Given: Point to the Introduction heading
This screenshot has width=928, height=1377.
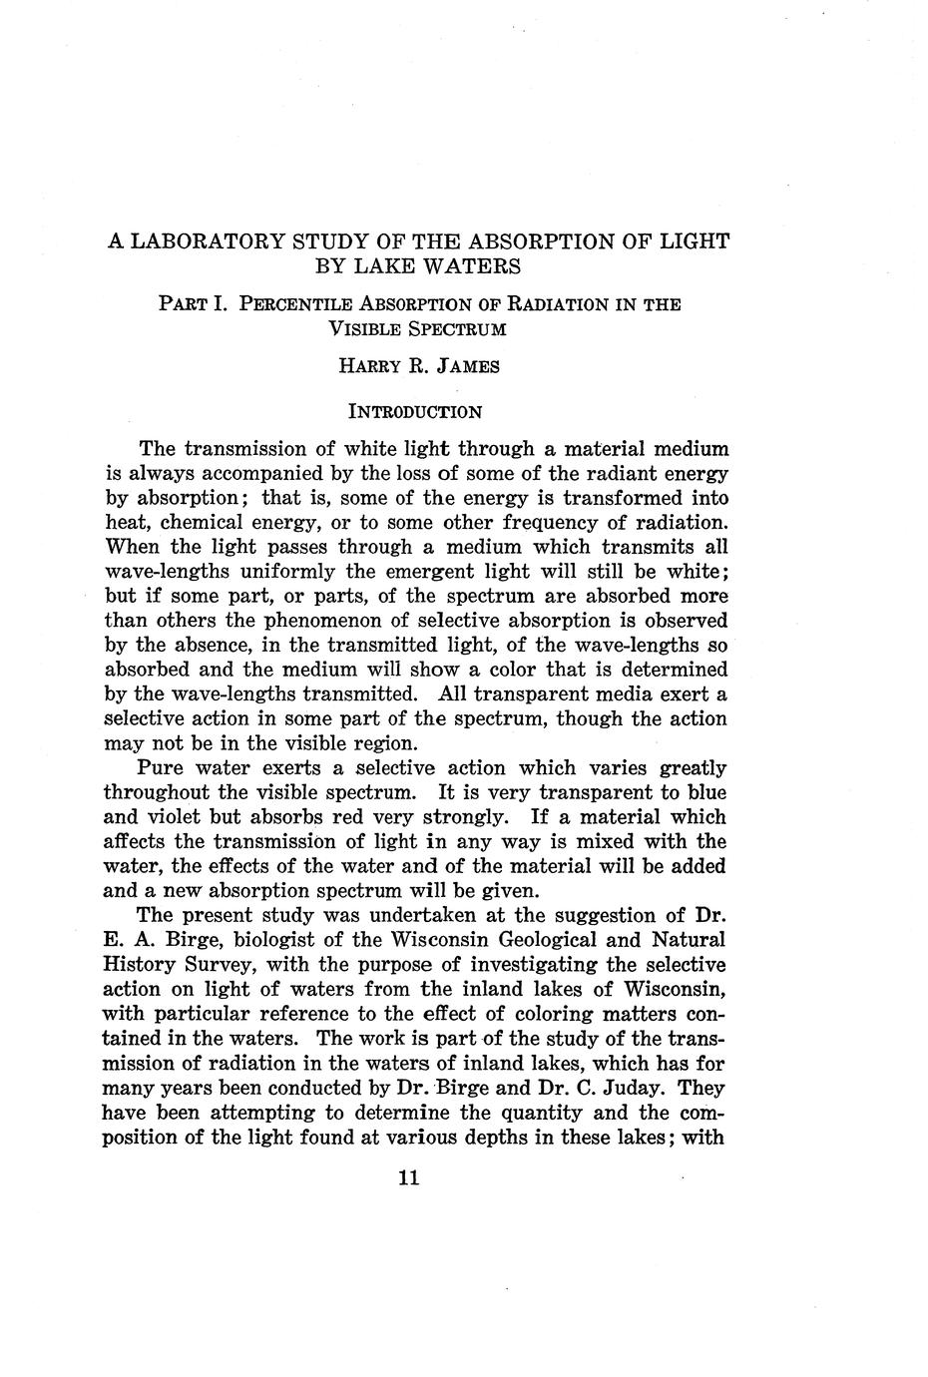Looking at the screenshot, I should coord(414,411).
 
